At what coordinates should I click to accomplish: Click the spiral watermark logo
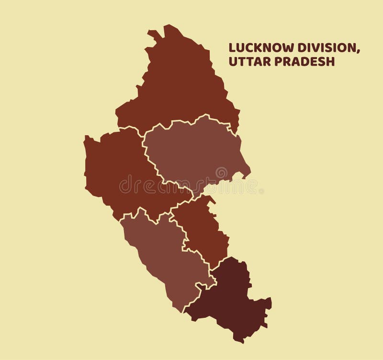click(x=221, y=173)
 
